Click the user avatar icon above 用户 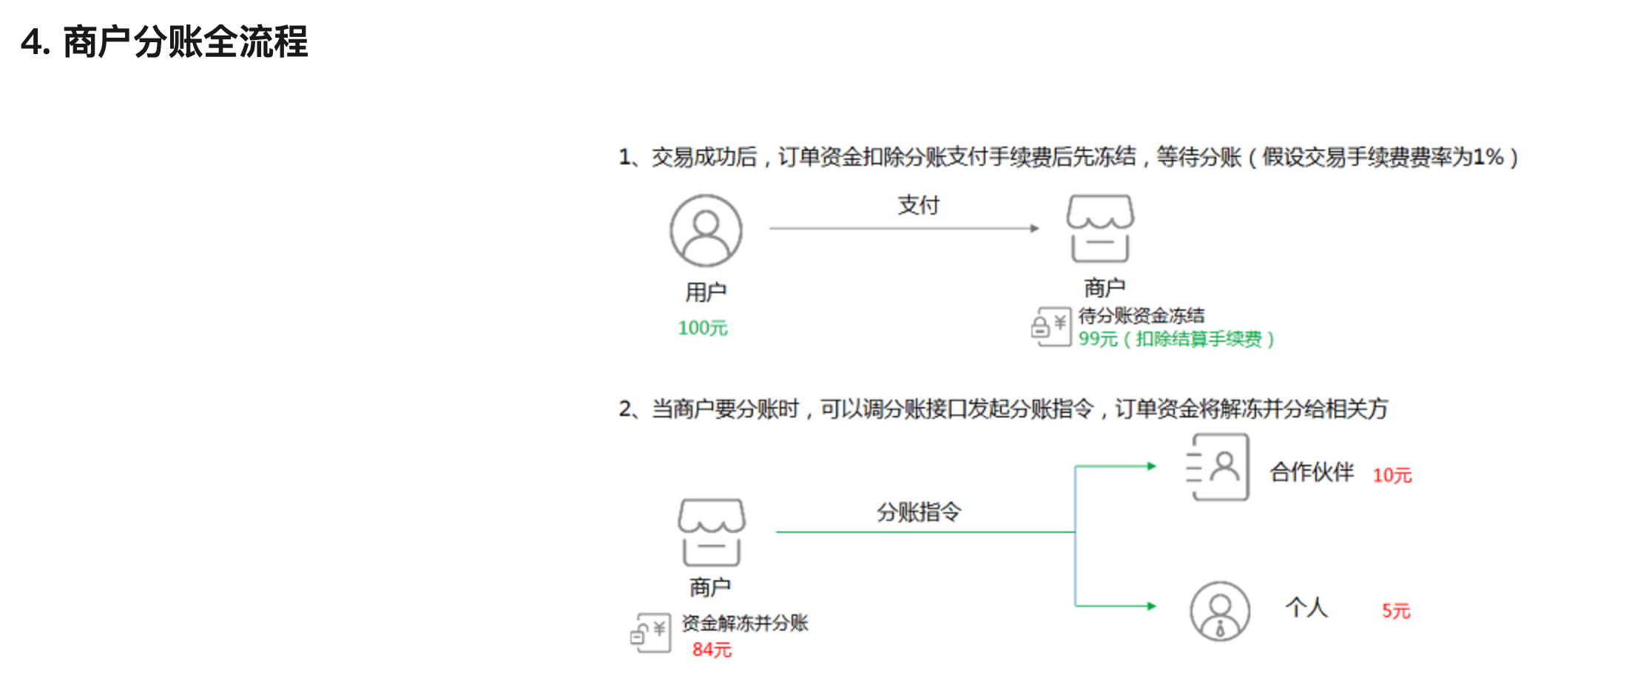[x=706, y=230]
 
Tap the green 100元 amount [x=703, y=328]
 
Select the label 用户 [x=706, y=292]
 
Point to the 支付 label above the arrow [x=918, y=205]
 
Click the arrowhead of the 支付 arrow [x=1034, y=229]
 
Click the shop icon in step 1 [x=1100, y=229]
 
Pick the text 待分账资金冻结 [x=1141, y=316]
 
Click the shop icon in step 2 [x=711, y=532]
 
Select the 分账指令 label [x=919, y=511]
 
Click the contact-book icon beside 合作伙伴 [x=1218, y=467]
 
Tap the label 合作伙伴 [x=1312, y=472]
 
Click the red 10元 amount [x=1392, y=475]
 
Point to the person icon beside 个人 [x=1220, y=611]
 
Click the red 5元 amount [x=1396, y=611]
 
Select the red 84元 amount [x=712, y=650]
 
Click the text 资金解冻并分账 [x=745, y=623]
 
